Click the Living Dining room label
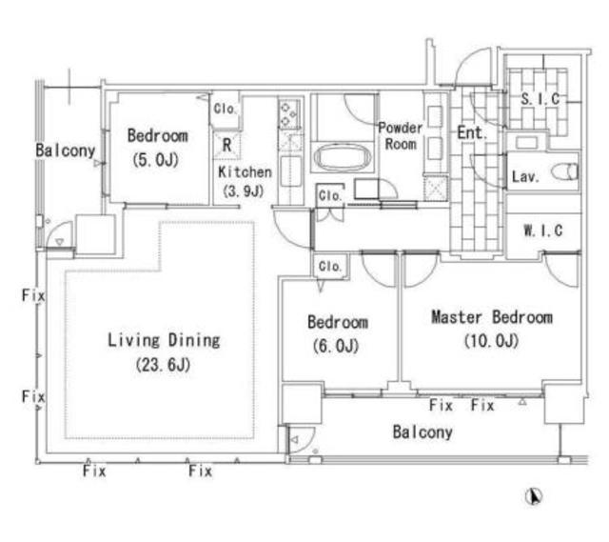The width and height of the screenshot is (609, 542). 164,340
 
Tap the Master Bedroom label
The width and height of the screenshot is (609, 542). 492,317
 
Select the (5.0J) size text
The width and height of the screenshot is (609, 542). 156,159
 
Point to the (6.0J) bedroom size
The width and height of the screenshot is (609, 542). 336,346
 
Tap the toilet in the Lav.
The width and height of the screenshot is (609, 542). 564,171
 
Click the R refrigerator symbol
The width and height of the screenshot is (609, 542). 226,145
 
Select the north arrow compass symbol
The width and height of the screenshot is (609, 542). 534,496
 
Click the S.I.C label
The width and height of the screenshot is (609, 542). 540,99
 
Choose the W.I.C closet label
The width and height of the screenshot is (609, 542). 543,231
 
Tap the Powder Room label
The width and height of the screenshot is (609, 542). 400,135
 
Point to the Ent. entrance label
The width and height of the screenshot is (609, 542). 472,133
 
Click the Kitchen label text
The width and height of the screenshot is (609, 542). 245,171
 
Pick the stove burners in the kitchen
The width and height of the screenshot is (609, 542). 289,114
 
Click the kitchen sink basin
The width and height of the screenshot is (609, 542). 290,171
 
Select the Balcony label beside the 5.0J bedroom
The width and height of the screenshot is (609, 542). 66,151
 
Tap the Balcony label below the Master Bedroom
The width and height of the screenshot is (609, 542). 422,432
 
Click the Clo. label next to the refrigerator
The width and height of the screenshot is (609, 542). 225,109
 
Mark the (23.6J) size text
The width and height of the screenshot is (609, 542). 163,364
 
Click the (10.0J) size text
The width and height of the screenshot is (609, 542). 492,341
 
